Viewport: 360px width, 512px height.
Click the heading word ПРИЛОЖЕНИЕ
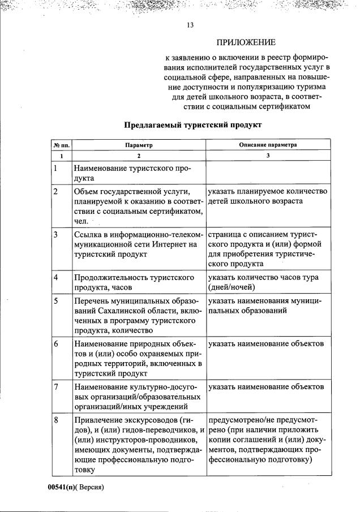coord(246,42)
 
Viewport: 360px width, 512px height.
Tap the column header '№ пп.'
coord(61,145)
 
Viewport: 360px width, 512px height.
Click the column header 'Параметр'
coord(139,145)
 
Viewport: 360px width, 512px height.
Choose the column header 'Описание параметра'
coord(267,145)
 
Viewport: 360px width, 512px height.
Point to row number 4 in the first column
coord(56,278)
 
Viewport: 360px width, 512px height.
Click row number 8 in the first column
coord(56,420)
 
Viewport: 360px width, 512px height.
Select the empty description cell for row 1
coord(267,173)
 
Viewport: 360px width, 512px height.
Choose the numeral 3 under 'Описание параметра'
coord(267,155)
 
